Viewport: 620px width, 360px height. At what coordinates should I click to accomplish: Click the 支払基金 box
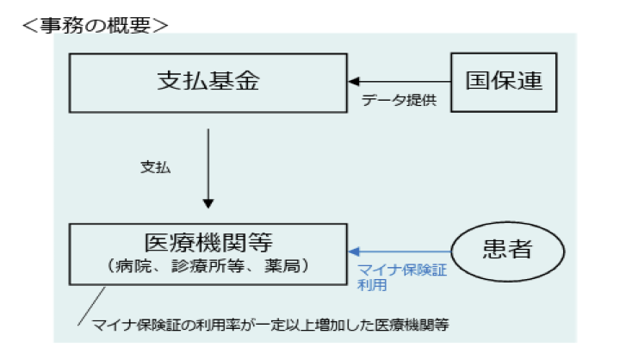pyautogui.click(x=208, y=82)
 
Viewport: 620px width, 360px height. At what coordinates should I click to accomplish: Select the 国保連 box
pyautogui.click(x=504, y=82)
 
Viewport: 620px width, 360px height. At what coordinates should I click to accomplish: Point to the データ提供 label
pyautogui.click(x=400, y=100)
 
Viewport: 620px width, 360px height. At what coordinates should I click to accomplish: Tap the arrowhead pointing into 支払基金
pyautogui.click(x=352, y=82)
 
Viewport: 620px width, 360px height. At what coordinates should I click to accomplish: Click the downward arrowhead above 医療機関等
pyautogui.click(x=208, y=202)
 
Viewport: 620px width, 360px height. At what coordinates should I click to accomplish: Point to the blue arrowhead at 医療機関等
pyautogui.click(x=352, y=251)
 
